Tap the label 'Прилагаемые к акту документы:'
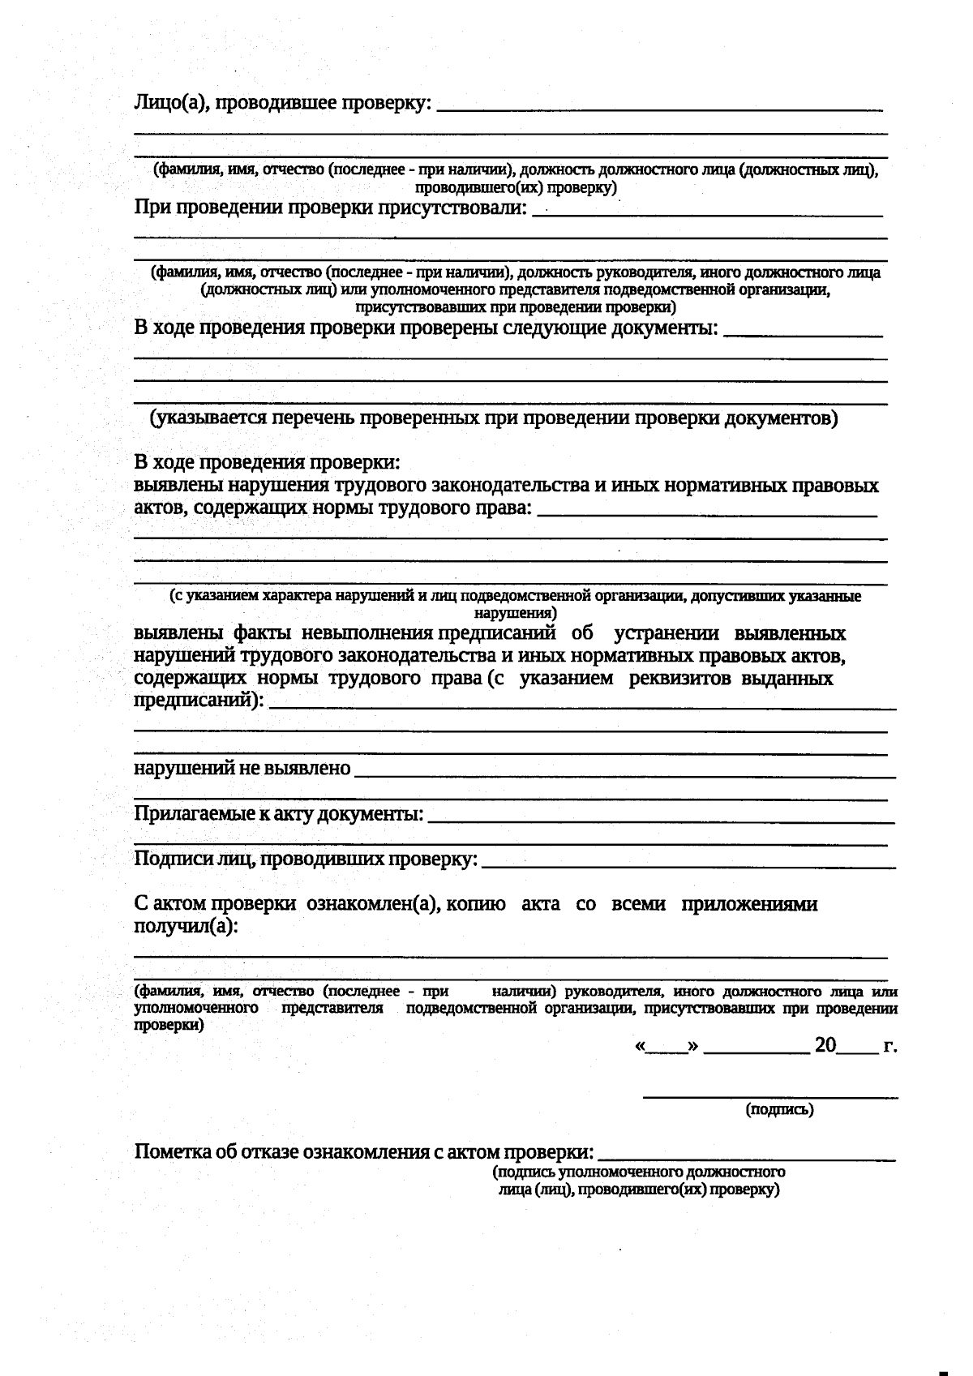[x=278, y=813]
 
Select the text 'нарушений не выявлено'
[x=242, y=768]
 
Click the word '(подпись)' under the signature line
[x=779, y=1109]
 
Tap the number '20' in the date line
[x=825, y=1045]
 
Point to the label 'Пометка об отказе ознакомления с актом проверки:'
[x=363, y=1152]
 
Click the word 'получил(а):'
[x=186, y=927]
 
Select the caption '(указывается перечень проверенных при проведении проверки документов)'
[x=493, y=418]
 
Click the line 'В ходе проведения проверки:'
[x=267, y=463]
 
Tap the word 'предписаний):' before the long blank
[x=199, y=701]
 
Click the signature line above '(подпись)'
[x=770, y=1097]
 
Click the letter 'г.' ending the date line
[x=889, y=1046]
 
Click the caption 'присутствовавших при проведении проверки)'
[x=516, y=307]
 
